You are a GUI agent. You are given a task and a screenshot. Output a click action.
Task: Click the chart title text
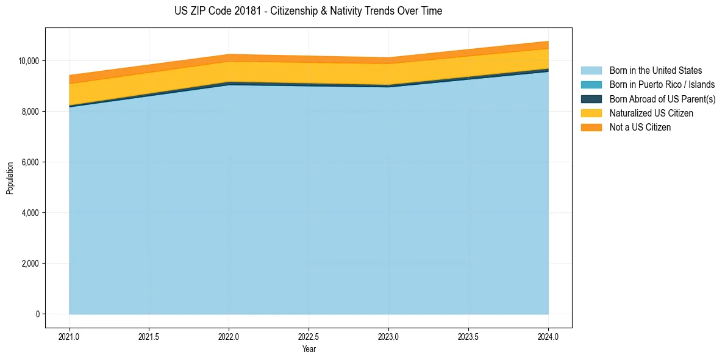(x=308, y=11)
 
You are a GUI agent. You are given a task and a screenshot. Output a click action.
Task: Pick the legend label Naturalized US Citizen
(x=651, y=113)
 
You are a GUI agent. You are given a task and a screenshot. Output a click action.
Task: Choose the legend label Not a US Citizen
(x=640, y=128)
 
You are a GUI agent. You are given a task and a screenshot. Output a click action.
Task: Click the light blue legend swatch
(x=591, y=71)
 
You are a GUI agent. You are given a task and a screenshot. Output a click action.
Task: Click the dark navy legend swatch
(x=591, y=99)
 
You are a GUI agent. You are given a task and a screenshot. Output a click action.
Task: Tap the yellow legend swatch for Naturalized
(x=591, y=113)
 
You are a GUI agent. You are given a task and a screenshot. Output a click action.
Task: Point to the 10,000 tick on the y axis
(x=29, y=61)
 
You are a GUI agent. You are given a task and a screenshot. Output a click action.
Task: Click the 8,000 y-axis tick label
(x=30, y=112)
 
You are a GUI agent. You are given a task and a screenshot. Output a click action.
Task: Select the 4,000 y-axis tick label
(x=30, y=213)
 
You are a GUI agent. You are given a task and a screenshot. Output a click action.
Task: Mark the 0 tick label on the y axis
(x=37, y=314)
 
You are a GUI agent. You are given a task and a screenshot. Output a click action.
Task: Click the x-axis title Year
(x=309, y=350)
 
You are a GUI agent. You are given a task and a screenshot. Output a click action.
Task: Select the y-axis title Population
(x=10, y=178)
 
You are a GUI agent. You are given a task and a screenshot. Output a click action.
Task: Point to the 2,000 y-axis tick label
(x=30, y=264)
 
